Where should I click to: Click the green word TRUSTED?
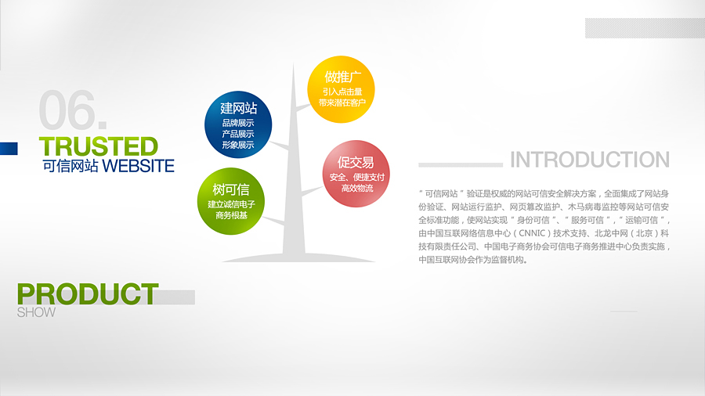[x=99, y=147]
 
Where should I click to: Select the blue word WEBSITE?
[x=138, y=166]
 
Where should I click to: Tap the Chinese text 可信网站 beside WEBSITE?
[x=70, y=166]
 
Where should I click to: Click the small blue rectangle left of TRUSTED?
[x=9, y=149]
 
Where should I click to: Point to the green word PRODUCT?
[x=88, y=294]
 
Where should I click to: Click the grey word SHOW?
[x=36, y=312]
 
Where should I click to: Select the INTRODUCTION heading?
[x=589, y=160]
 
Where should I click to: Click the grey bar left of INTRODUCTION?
[x=461, y=165]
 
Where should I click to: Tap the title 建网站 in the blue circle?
[x=238, y=108]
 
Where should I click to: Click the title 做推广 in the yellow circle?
[x=342, y=77]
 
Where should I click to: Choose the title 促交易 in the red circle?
[x=356, y=162]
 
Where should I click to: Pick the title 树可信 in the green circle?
[x=230, y=189]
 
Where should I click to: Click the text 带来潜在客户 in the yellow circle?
[x=342, y=103]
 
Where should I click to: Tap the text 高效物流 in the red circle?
[x=357, y=188]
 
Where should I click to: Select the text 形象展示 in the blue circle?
[x=238, y=145]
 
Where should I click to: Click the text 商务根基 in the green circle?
[x=231, y=215]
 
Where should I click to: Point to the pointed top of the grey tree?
[x=294, y=63]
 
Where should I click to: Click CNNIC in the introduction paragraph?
[x=532, y=233]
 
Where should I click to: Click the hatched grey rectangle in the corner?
[x=645, y=28]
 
